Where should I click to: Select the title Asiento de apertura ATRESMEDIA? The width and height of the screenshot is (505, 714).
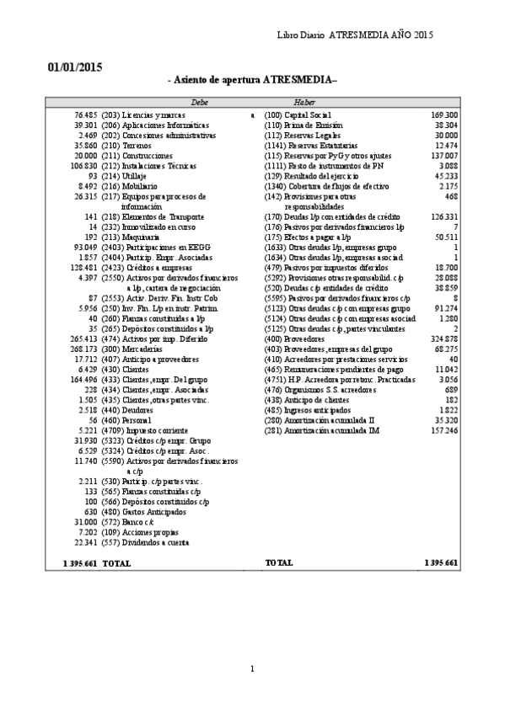point(253,80)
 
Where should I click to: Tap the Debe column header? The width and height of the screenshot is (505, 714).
point(200,101)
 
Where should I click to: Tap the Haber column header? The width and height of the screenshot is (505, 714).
point(305,101)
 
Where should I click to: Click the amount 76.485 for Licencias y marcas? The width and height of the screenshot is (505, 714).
point(85,114)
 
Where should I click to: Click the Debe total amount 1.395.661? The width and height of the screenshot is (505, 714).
point(79,562)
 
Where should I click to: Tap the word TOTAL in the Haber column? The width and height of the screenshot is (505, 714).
point(279,562)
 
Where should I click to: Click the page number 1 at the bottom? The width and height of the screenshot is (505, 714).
point(251,669)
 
